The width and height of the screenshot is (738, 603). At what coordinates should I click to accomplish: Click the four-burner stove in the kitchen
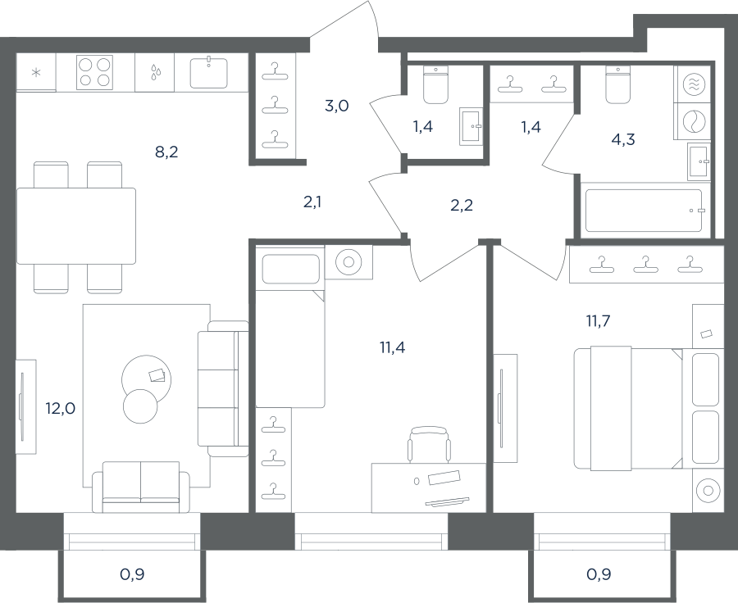click(94, 72)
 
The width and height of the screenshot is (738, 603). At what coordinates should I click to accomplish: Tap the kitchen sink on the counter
click(208, 72)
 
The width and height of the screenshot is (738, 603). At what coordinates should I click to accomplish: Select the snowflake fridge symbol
click(36, 73)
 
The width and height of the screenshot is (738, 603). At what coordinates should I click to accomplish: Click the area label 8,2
click(166, 152)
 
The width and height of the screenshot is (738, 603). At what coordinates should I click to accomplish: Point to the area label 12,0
click(60, 408)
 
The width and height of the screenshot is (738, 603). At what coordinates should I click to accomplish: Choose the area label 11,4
click(392, 347)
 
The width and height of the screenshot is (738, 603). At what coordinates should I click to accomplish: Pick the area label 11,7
click(598, 321)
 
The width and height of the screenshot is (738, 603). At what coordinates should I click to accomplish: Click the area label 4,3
click(624, 139)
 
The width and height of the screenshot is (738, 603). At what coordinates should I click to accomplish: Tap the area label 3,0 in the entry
click(336, 106)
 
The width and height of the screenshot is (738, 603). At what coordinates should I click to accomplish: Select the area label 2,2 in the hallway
click(462, 205)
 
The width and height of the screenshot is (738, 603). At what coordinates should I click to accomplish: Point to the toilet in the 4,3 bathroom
click(617, 84)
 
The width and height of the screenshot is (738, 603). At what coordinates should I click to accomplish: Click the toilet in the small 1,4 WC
click(436, 84)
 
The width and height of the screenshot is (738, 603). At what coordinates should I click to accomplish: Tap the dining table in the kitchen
click(76, 226)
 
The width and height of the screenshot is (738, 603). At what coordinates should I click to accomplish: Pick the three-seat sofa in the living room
click(223, 388)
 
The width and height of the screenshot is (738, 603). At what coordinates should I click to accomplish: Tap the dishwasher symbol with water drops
click(155, 72)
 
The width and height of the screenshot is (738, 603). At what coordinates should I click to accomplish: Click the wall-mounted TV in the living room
click(21, 407)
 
